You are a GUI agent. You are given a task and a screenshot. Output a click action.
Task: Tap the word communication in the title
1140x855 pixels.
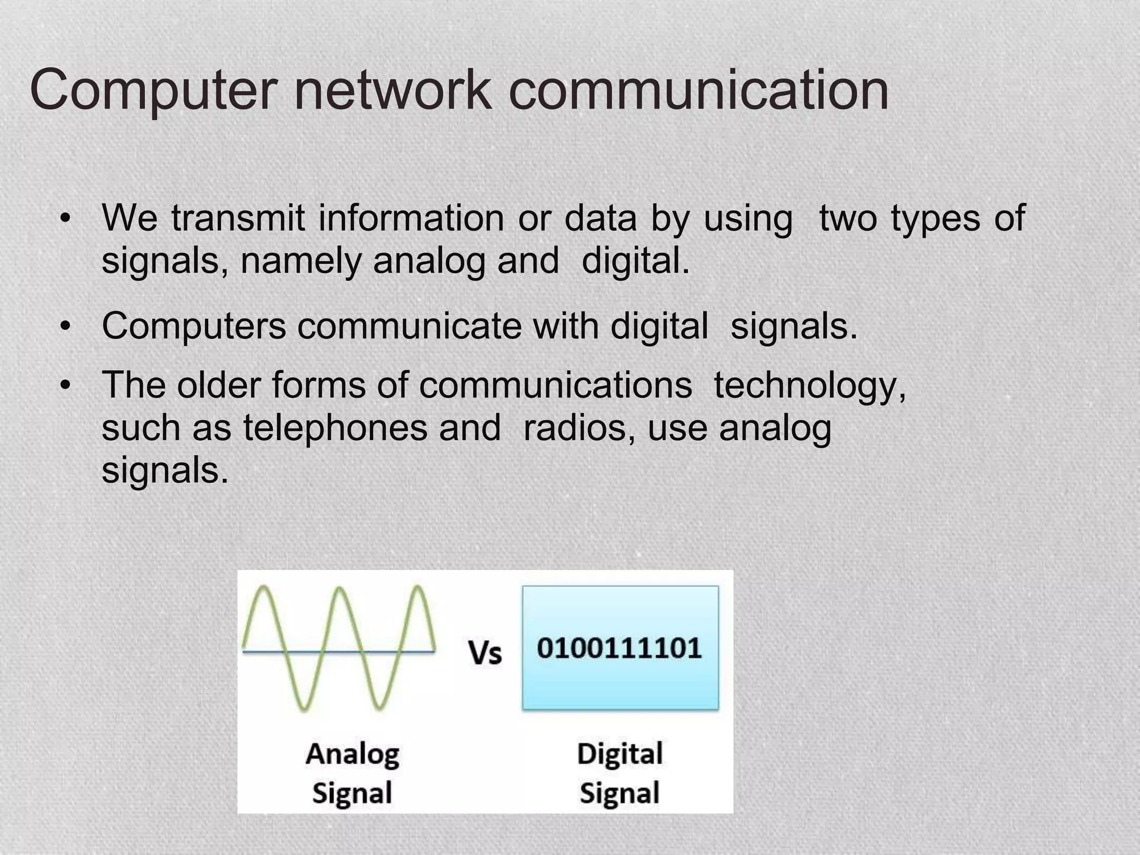click(699, 89)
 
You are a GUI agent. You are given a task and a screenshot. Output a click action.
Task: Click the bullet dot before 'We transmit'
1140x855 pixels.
click(65, 218)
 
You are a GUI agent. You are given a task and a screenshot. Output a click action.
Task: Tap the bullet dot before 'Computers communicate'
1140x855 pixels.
click(65, 326)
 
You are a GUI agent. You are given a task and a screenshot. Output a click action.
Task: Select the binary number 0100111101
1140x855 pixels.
click(620, 648)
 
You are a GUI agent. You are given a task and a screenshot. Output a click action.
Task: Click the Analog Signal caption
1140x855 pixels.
click(352, 773)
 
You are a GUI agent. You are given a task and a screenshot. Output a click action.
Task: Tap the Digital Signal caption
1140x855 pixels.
click(620, 773)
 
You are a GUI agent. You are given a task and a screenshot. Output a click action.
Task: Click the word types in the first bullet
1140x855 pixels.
click(935, 219)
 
